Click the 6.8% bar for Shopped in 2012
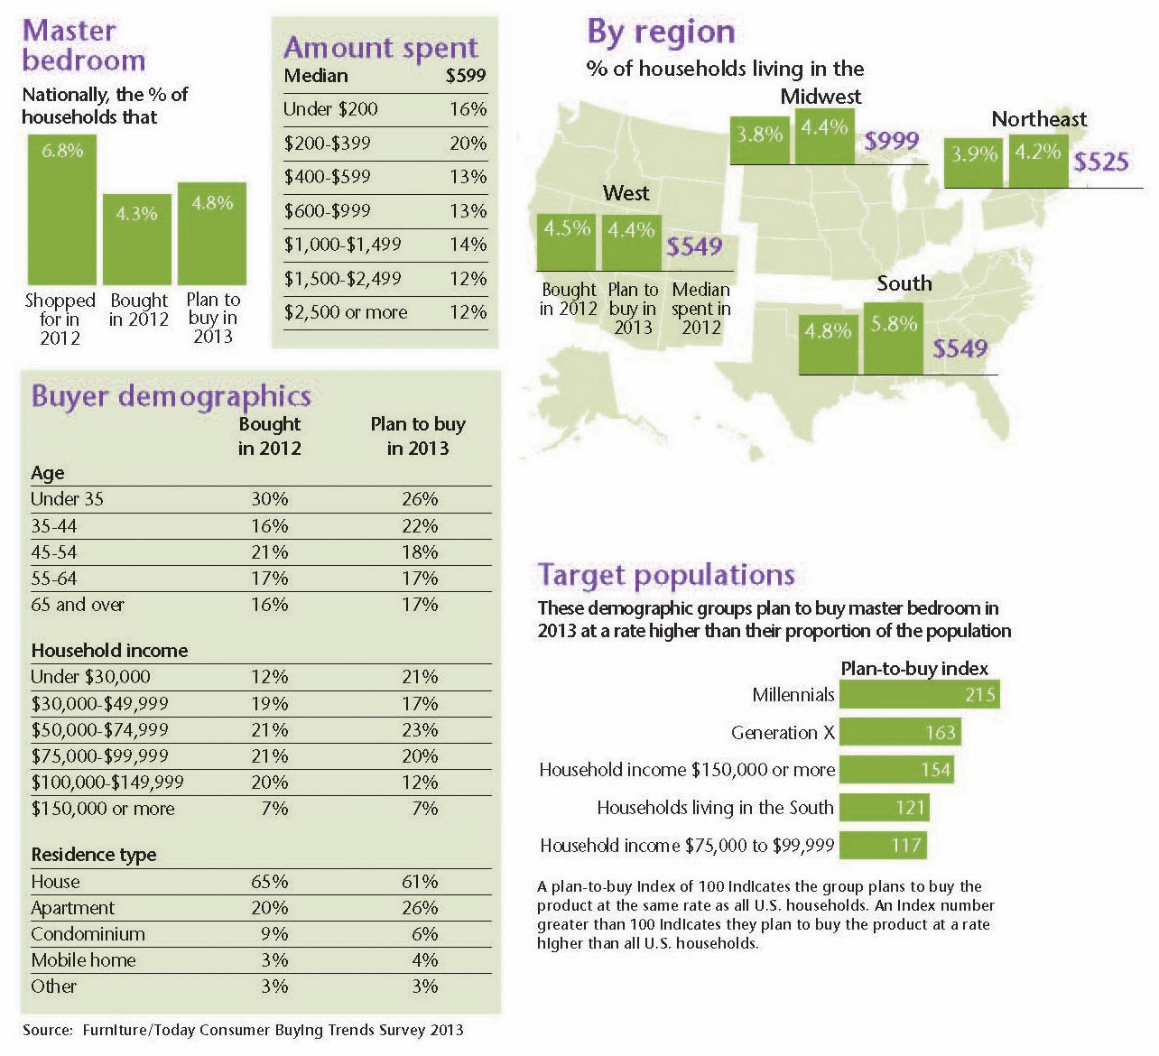[61, 209]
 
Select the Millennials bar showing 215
[919, 694]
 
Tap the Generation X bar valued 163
[900, 732]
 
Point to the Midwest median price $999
[891, 141]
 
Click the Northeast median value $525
[1100, 162]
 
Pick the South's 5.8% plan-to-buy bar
[894, 339]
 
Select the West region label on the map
[626, 193]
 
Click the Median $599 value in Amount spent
[465, 76]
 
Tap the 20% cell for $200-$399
[468, 144]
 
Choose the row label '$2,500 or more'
[345, 312]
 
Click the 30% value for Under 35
[269, 499]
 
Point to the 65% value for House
[269, 882]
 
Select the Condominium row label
[88, 934]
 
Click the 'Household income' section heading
[109, 651]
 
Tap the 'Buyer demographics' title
[171, 395]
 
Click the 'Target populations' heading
[666, 575]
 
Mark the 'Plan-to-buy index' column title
[913, 669]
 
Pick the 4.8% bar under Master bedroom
[212, 234]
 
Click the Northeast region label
[1038, 119]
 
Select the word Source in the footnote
[47, 1030]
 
